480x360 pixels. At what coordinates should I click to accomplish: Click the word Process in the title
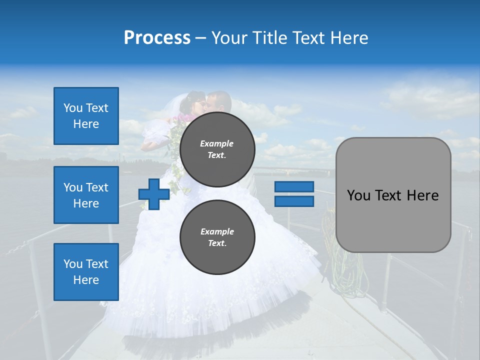pos(157,38)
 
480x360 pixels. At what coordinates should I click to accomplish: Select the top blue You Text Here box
pos(86,116)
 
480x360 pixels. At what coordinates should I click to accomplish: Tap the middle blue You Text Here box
pos(86,195)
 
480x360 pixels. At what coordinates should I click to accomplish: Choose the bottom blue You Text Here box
pos(86,272)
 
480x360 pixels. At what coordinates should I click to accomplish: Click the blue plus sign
pos(154,194)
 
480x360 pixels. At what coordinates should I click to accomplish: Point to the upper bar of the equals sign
pos(294,186)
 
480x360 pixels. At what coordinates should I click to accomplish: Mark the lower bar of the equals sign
pos(294,201)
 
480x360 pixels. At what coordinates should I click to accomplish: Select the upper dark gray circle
pos(217,149)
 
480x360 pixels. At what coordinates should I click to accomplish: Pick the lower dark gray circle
pos(217,237)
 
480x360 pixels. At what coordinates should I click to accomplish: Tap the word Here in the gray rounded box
pos(422,195)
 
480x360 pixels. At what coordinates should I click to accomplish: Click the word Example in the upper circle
pos(217,143)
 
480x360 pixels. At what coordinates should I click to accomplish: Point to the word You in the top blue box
pos(73,108)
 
